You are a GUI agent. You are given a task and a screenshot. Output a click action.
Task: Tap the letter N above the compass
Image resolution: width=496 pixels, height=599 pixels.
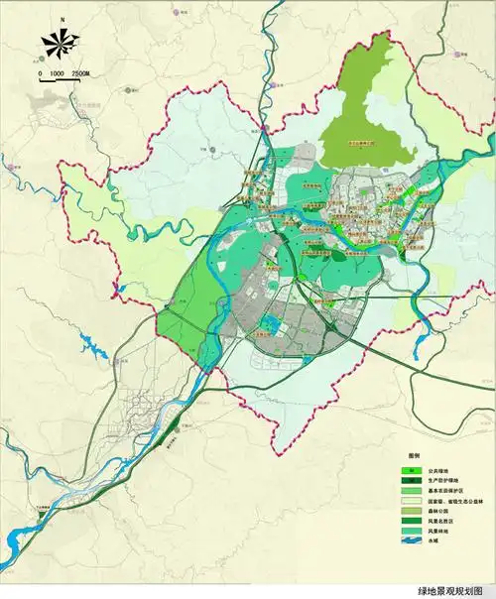coord(61,19)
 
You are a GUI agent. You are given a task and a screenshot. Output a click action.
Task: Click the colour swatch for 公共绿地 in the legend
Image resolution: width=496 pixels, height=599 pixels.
coord(411,472)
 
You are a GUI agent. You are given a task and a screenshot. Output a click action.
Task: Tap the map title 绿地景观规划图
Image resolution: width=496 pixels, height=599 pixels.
coord(453,589)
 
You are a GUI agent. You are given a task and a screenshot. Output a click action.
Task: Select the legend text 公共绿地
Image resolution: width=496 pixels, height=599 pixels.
coord(439,472)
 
